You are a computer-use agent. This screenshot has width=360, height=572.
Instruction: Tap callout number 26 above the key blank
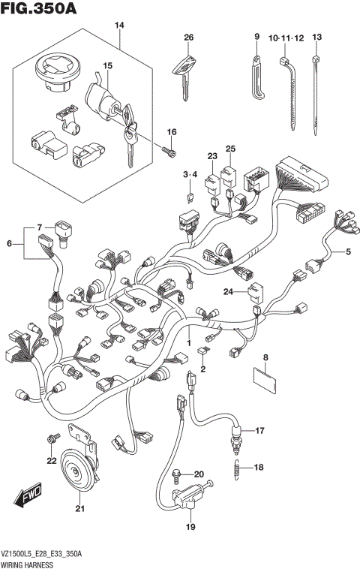pos(188,37)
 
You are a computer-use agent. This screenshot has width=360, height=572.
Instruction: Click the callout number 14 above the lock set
pos(118,26)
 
